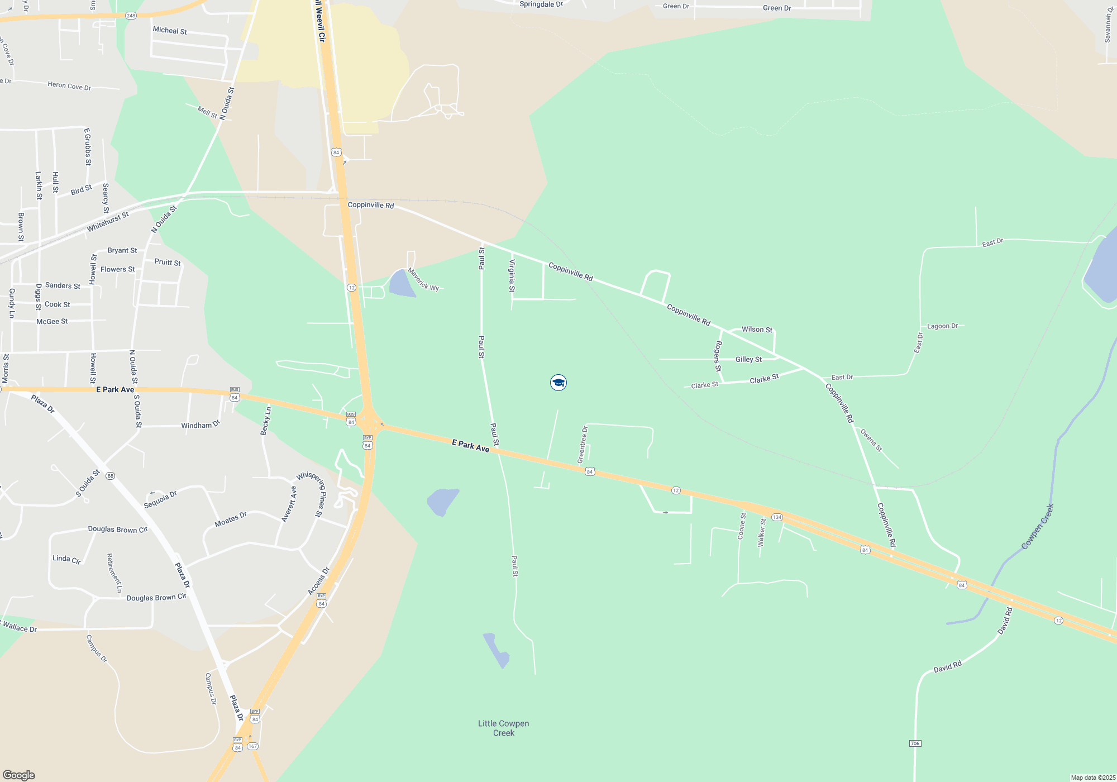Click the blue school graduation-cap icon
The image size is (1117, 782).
[x=558, y=383]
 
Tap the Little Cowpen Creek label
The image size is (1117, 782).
[x=503, y=728]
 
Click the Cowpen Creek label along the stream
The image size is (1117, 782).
[x=1037, y=527]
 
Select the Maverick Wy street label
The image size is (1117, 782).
[x=423, y=280]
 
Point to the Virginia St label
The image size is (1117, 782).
[x=512, y=275]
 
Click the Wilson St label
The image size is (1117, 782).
[x=757, y=330]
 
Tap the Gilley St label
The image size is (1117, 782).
[x=748, y=360]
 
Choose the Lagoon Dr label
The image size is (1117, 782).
[x=942, y=326]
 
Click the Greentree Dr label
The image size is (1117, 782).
[x=583, y=445]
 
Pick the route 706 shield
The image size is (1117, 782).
[x=915, y=743]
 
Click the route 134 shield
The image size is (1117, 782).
[x=777, y=517]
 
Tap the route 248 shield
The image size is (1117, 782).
[x=131, y=16]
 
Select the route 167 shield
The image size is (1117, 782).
[x=252, y=746]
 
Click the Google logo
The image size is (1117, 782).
[x=18, y=775]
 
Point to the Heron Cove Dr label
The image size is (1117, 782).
[x=69, y=85]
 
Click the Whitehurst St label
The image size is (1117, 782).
[x=108, y=222]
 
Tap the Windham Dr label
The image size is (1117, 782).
[x=201, y=425]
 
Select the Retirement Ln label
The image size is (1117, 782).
[x=114, y=573]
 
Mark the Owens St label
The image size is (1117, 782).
[x=871, y=440]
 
